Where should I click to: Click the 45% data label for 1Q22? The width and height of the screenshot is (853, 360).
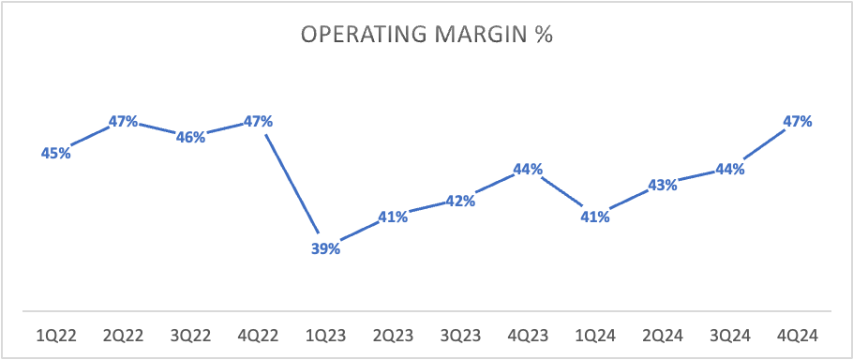click(x=56, y=154)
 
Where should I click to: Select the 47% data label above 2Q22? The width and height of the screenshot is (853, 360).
click(x=123, y=121)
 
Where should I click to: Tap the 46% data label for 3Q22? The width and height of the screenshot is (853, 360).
click(x=190, y=137)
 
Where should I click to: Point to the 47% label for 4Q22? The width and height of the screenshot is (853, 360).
click(x=258, y=121)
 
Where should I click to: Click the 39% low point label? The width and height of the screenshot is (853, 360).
click(x=325, y=249)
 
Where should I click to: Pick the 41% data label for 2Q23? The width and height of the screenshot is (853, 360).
click(x=393, y=217)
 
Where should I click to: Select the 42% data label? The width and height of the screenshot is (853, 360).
click(x=460, y=202)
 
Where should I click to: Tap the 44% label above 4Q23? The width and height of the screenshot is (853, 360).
click(x=528, y=170)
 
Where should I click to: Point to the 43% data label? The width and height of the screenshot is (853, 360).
click(x=662, y=186)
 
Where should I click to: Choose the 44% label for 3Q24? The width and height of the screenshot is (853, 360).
click(x=729, y=170)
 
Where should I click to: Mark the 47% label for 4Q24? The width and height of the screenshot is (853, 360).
click(x=797, y=121)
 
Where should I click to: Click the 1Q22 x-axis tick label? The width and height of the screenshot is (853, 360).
click(x=56, y=336)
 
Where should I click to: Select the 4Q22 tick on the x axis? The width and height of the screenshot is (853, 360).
click(x=258, y=336)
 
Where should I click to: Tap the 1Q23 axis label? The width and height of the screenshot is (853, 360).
click(x=325, y=336)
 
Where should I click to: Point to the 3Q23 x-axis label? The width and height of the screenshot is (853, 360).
click(x=460, y=336)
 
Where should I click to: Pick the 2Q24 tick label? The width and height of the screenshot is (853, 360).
click(x=662, y=336)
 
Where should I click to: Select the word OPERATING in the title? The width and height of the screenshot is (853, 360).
click(x=364, y=35)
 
